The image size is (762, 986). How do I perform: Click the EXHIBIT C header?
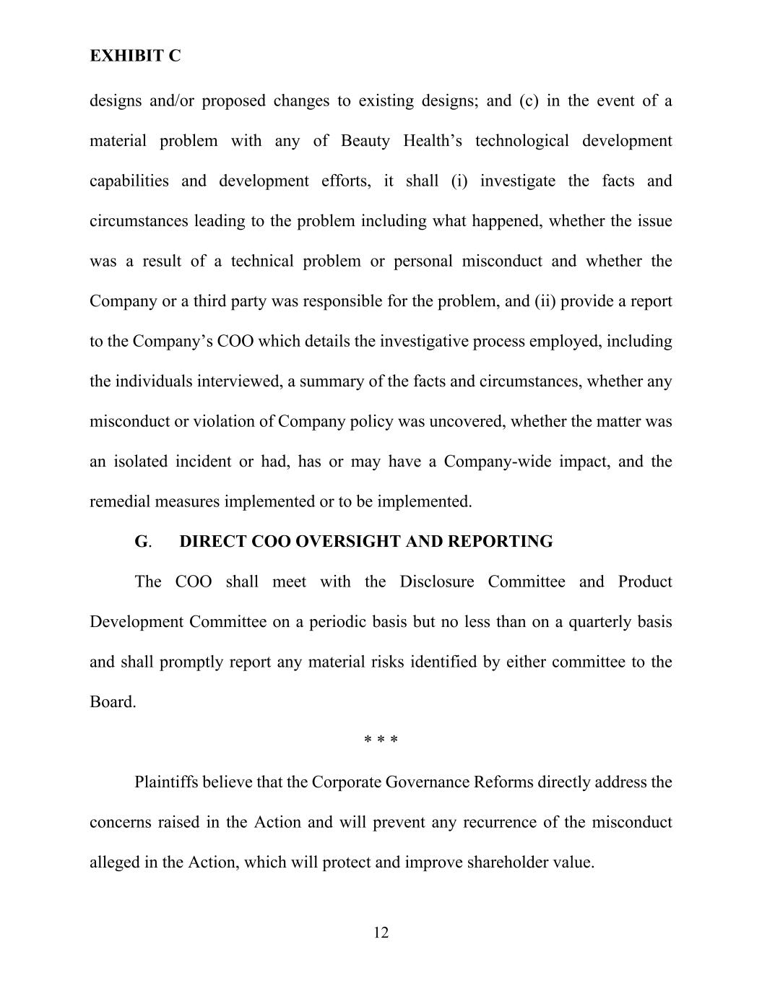click(x=135, y=56)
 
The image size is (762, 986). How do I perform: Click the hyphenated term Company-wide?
click(x=497, y=462)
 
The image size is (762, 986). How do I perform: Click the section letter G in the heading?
click(x=141, y=542)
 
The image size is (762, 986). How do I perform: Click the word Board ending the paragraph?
click(x=111, y=702)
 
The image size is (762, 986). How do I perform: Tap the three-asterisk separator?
click(x=381, y=740)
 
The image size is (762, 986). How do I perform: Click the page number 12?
click(x=381, y=933)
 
